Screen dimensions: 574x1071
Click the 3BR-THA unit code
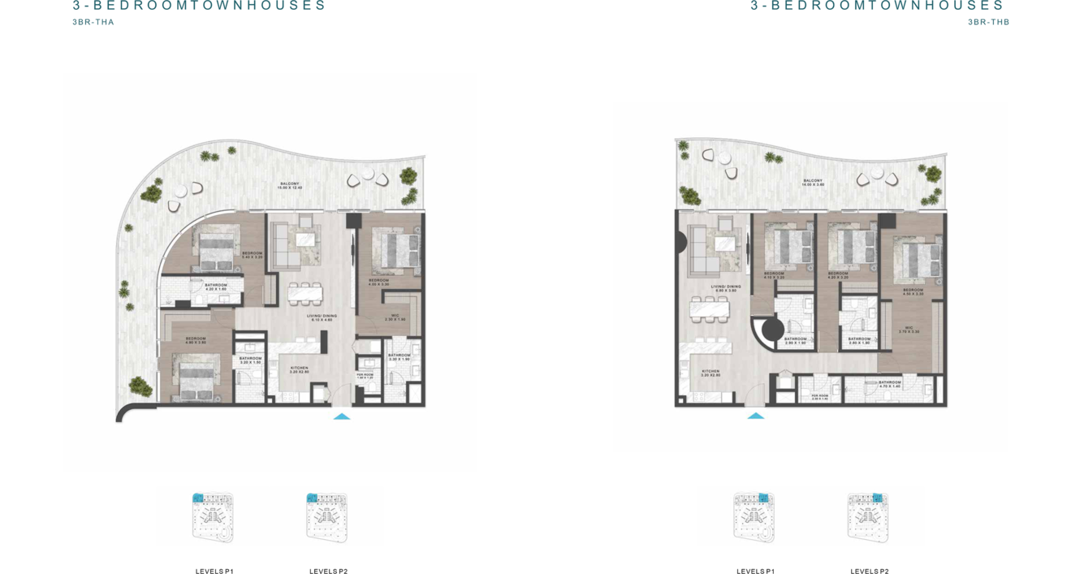click(x=93, y=22)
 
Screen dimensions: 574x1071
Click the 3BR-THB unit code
click(x=988, y=22)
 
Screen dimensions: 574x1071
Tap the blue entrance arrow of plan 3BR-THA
click(x=342, y=416)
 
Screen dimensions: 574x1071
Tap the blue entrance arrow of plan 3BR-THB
click(x=756, y=416)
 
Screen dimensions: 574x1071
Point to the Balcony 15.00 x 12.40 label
click(x=290, y=186)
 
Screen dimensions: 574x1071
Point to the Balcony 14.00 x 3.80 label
click(x=813, y=183)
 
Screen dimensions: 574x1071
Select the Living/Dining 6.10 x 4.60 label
click(x=322, y=318)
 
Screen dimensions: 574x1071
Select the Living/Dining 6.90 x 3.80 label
click(x=725, y=288)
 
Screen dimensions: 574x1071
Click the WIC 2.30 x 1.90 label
click(x=395, y=317)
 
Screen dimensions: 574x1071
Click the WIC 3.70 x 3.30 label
click(x=909, y=330)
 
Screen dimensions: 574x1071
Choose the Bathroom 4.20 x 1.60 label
click(x=216, y=287)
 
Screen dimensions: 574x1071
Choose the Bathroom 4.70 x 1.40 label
click(x=890, y=384)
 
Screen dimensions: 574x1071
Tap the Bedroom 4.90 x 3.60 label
click(x=196, y=340)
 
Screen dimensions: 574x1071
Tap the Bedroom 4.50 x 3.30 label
click(x=913, y=291)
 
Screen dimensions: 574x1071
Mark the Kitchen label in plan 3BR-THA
click(x=300, y=369)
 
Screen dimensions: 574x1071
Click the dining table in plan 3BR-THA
click(x=304, y=293)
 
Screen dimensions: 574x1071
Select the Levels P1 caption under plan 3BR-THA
click(x=214, y=572)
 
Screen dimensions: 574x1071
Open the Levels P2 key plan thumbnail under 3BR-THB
click(x=868, y=517)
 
